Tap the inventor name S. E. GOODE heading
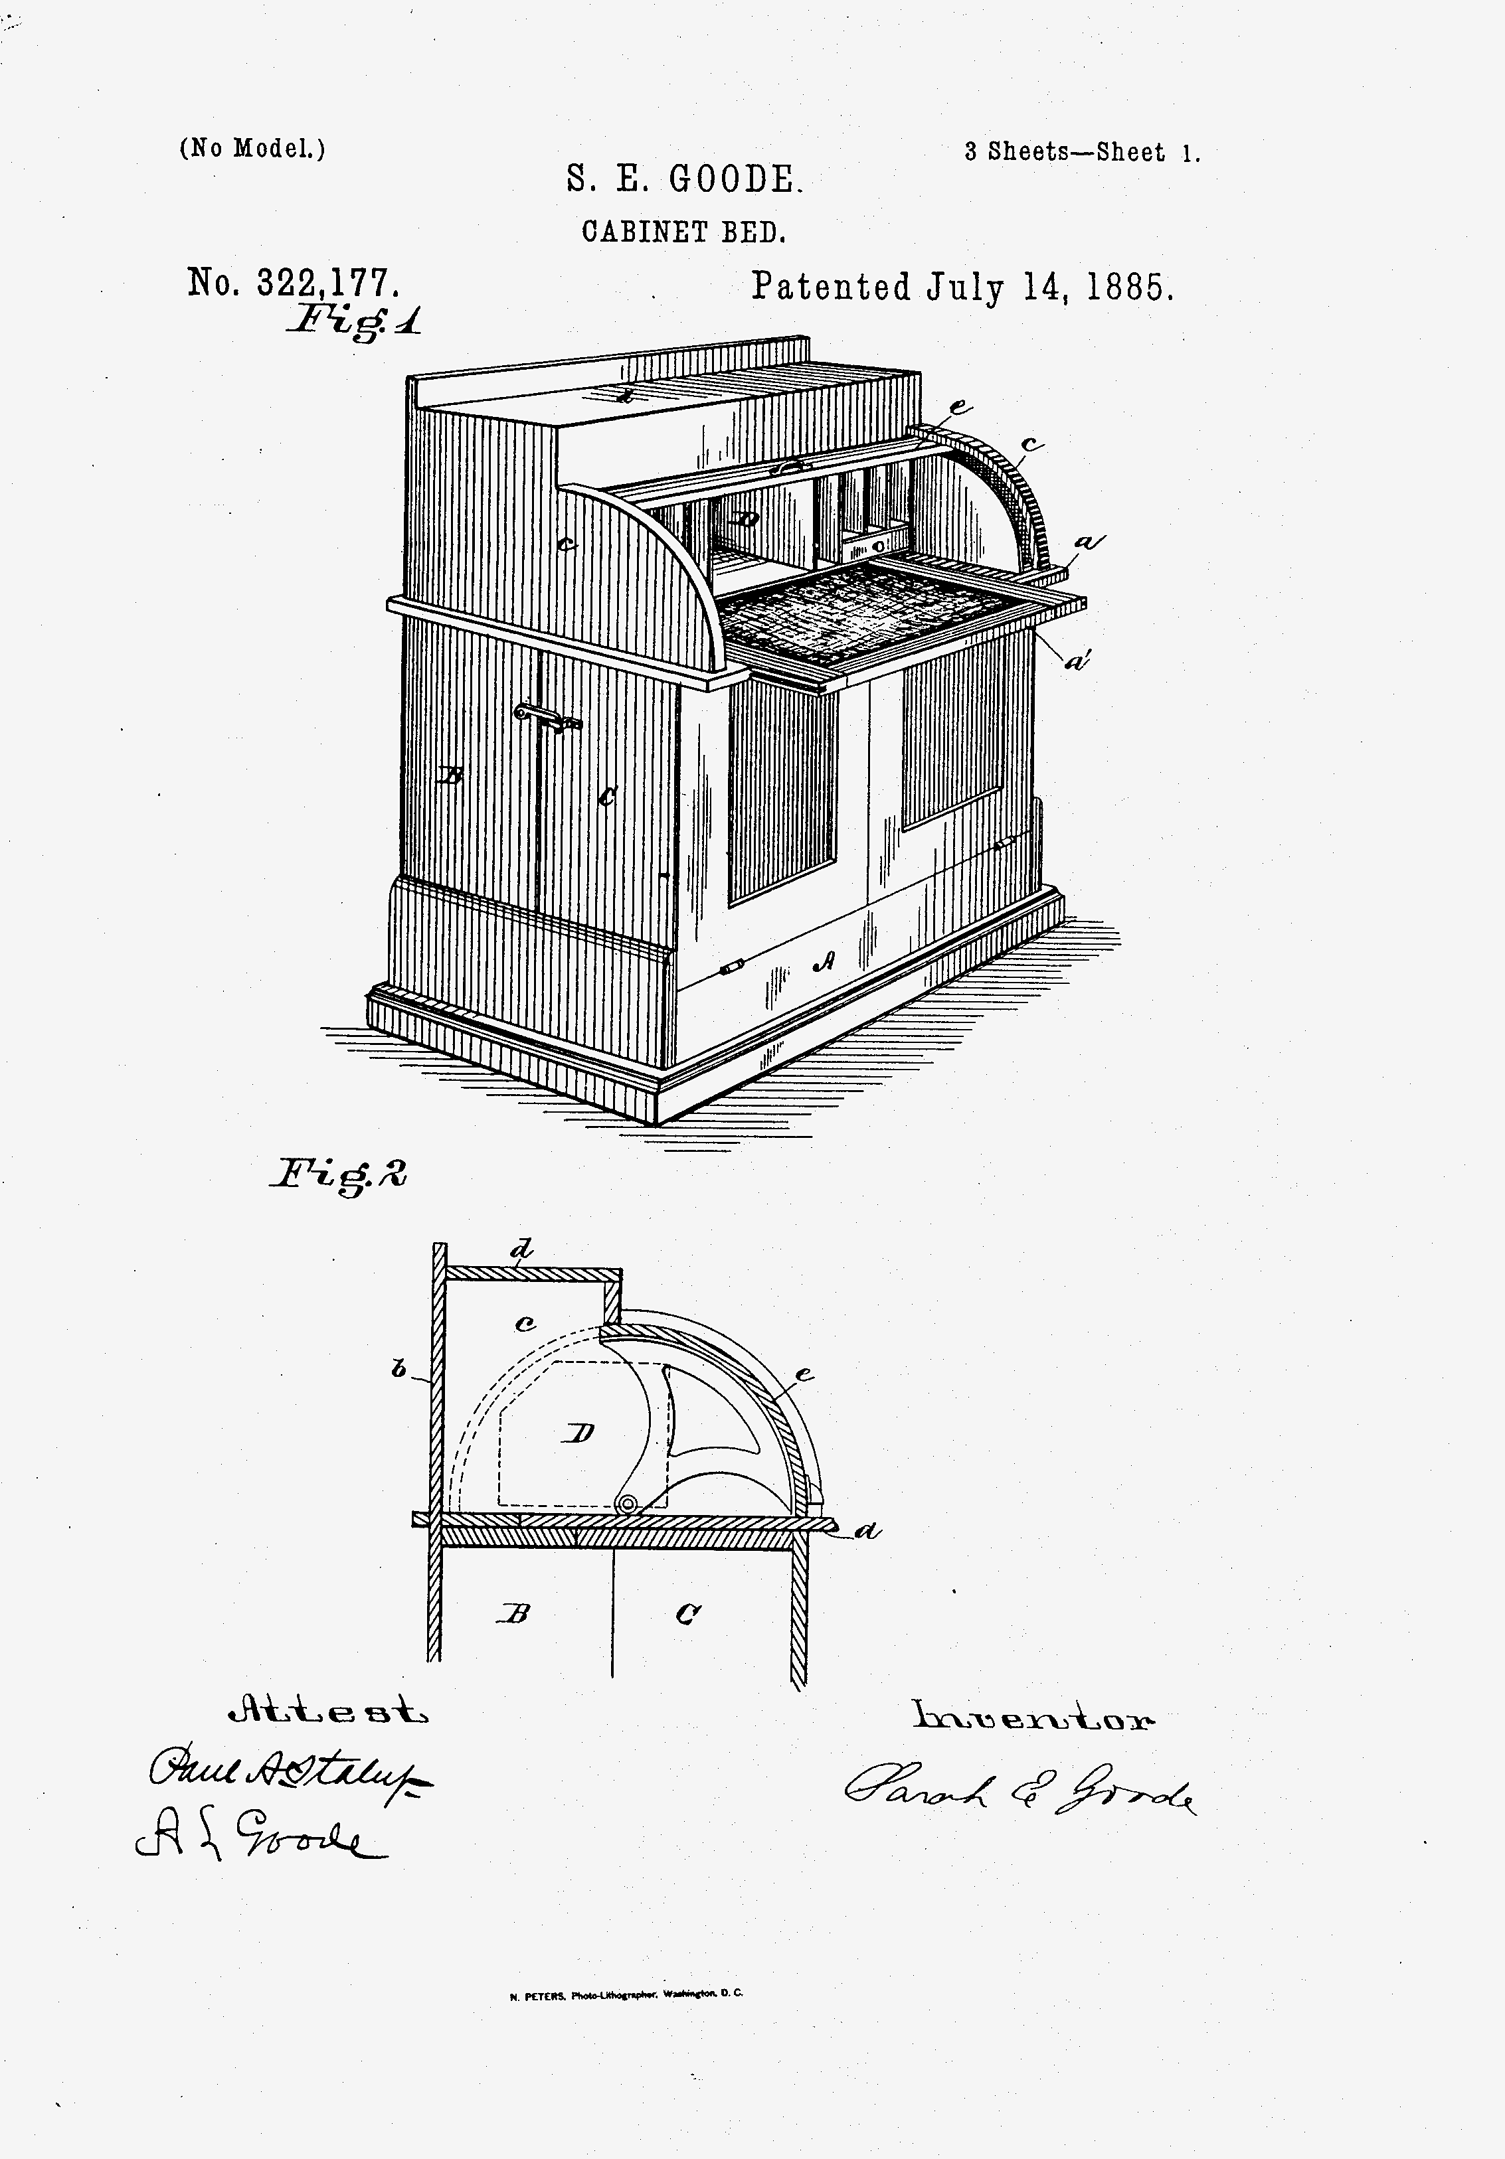coord(684,179)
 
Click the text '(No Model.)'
coord(252,149)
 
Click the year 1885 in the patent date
coord(1130,287)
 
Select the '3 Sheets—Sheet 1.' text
coord(1082,152)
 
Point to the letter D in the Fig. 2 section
coord(580,1433)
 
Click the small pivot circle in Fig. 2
coord(624,1506)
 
